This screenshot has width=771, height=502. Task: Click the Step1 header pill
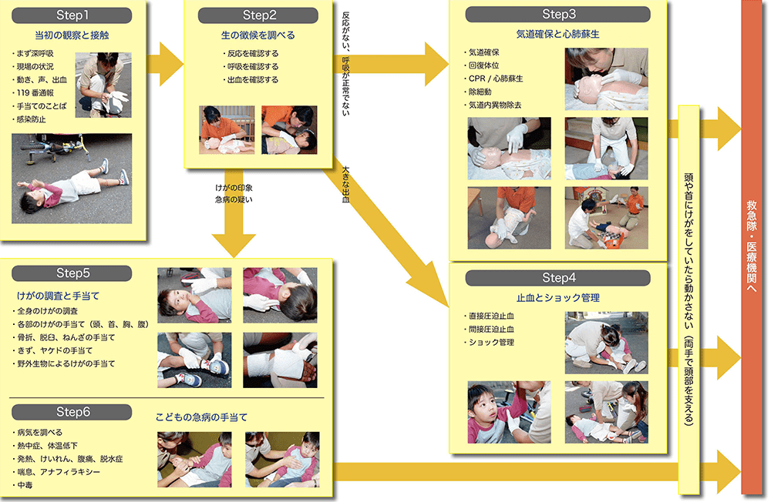tap(72, 15)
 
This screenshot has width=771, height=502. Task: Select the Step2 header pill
tap(258, 15)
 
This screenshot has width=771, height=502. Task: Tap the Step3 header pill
tap(558, 15)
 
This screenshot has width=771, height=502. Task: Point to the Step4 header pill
tap(558, 277)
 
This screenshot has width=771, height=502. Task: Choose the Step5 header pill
tap(72, 273)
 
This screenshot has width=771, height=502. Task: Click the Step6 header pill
tap(72, 412)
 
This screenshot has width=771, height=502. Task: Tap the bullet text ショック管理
tap(490, 343)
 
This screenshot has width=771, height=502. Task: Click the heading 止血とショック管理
tap(558, 298)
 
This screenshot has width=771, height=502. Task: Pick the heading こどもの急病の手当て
tap(201, 417)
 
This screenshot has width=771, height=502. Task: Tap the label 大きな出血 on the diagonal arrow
tap(345, 185)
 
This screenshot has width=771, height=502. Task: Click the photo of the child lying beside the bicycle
tap(72, 179)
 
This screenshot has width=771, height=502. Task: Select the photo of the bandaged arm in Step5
tap(281, 360)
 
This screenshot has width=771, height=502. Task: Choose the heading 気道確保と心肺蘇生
tap(558, 34)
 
